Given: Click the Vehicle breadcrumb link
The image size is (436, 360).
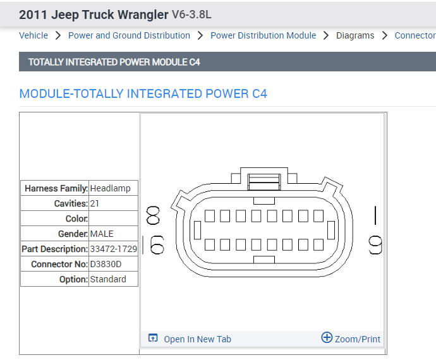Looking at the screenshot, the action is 33,35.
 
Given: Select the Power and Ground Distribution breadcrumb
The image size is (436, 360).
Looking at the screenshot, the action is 129,35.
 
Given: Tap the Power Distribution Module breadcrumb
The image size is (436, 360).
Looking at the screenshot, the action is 263,35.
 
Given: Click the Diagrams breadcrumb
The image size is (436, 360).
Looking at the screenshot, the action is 355,35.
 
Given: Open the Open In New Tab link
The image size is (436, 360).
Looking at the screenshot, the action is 197,339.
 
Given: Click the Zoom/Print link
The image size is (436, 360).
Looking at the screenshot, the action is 357,339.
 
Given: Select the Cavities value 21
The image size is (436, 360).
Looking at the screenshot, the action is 95,203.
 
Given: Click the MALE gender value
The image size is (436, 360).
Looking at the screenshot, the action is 102,234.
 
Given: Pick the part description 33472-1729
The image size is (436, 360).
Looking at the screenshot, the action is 113,249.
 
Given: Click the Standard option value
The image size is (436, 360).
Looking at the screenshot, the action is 108,279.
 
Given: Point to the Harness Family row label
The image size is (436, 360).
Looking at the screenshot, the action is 56,188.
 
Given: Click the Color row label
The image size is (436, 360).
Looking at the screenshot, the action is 76,219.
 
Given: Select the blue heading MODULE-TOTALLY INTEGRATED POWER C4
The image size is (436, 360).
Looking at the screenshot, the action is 143,94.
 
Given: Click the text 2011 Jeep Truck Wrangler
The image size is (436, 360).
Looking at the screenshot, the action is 94,15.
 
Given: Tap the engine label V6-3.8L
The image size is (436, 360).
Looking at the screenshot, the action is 191,15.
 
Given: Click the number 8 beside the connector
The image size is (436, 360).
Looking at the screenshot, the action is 153,216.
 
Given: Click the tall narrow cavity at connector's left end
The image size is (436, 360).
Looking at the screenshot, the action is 197,231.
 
